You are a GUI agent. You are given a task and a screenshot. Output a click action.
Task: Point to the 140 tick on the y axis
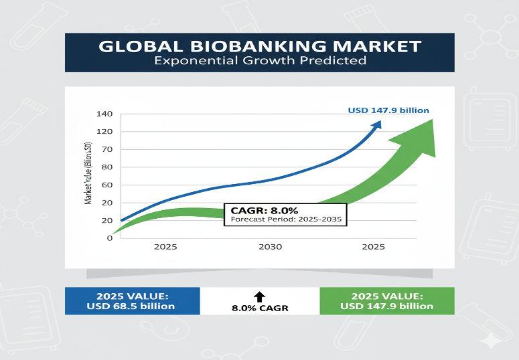tap(104, 113)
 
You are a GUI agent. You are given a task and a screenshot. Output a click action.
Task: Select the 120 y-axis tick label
tap(104, 131)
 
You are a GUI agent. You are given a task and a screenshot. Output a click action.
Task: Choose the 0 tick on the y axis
tap(109, 238)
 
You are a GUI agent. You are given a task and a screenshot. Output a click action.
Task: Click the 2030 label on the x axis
tap(270, 246)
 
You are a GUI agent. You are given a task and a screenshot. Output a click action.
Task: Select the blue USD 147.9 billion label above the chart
tap(388, 110)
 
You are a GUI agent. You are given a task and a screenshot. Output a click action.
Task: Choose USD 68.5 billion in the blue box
tap(131, 306)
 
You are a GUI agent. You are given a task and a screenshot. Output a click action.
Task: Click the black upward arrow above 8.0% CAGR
tap(260, 296)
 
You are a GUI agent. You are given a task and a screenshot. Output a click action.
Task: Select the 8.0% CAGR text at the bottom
tap(259, 308)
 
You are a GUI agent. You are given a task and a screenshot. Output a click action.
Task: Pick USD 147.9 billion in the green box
tap(386, 306)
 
